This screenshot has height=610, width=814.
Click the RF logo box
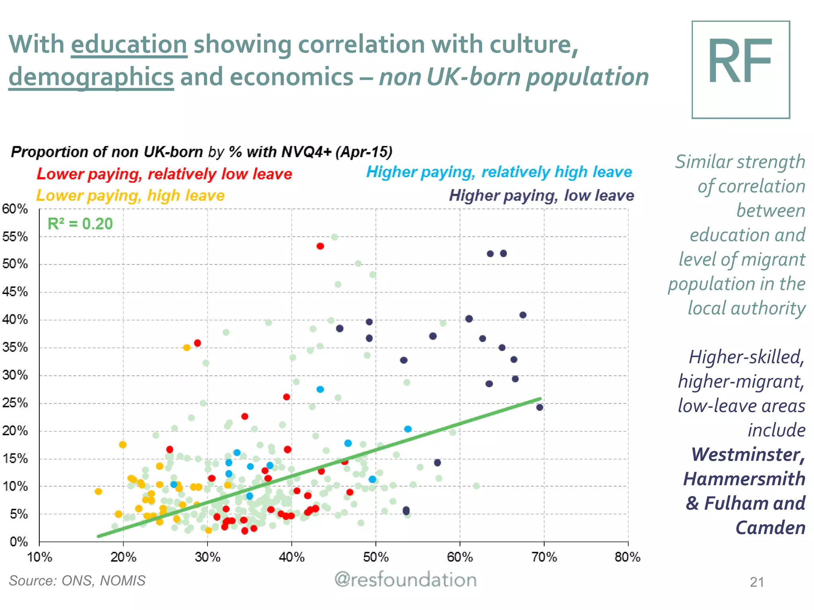pyautogui.click(x=740, y=69)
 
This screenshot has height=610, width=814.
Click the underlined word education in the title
pyautogui.click(x=129, y=44)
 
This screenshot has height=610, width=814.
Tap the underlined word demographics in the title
pyautogui.click(x=91, y=77)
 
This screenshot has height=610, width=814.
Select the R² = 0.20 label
pyautogui.click(x=80, y=224)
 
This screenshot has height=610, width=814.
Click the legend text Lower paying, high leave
pyautogui.click(x=130, y=195)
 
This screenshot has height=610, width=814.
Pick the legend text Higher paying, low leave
pyautogui.click(x=541, y=195)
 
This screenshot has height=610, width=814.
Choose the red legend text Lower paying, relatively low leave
pyautogui.click(x=164, y=174)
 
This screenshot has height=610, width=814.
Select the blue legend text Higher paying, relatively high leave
pyautogui.click(x=499, y=172)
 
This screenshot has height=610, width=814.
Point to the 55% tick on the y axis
pyautogui.click(x=15, y=237)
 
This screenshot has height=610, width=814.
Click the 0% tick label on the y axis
pyautogui.click(x=18, y=542)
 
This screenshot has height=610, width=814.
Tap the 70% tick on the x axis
pyautogui.click(x=544, y=557)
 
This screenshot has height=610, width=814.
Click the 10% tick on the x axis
pyautogui.click(x=39, y=557)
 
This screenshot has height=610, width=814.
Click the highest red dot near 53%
pyautogui.click(x=320, y=246)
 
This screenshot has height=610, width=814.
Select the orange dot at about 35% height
pyautogui.click(x=186, y=347)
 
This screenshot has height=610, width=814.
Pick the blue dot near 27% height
pyautogui.click(x=320, y=389)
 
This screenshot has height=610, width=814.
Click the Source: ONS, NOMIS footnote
pyautogui.click(x=77, y=581)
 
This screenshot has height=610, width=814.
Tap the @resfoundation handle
pyautogui.click(x=405, y=580)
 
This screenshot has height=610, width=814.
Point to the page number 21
pyautogui.click(x=756, y=582)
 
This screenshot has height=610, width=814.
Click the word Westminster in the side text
pyautogui.click(x=748, y=454)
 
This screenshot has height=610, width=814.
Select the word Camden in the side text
pyautogui.click(x=770, y=528)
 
